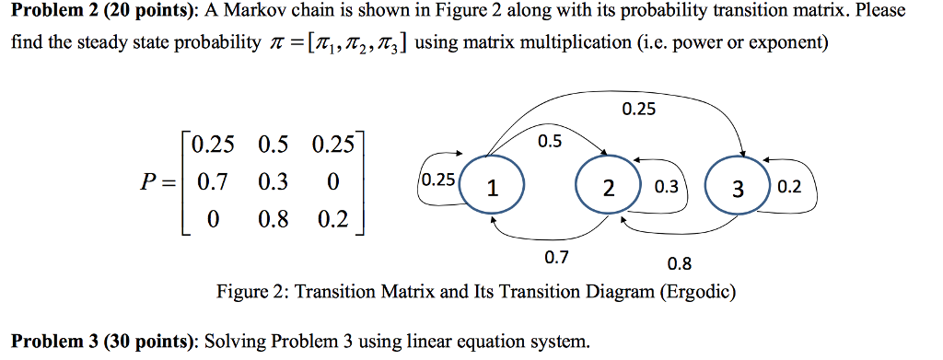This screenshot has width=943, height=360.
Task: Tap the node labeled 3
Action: (x=737, y=190)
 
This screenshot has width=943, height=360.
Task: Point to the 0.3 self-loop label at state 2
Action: (x=665, y=187)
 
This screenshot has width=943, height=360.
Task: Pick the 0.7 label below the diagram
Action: (x=556, y=258)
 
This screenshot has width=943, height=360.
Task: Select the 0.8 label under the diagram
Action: (x=679, y=264)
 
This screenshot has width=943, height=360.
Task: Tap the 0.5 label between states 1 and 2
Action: (x=550, y=142)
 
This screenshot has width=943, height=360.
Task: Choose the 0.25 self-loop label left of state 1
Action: (x=437, y=180)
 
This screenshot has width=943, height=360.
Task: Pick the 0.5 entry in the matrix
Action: (x=274, y=145)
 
